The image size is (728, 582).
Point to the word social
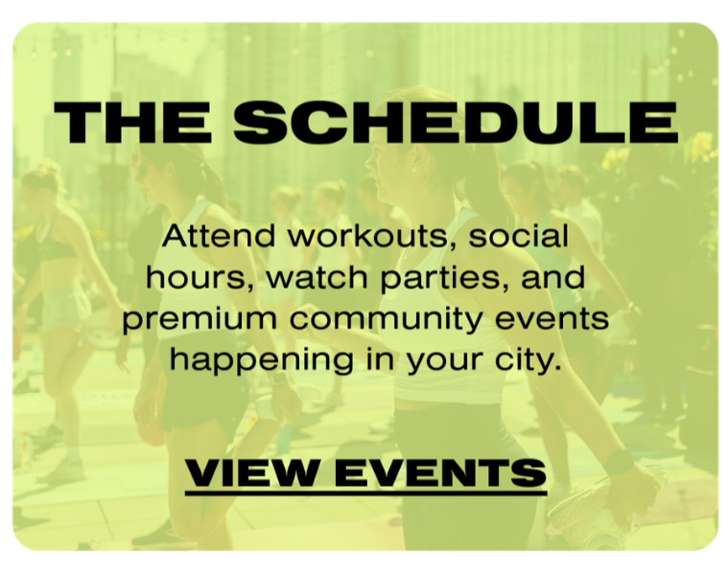pyautogui.click(x=522, y=235)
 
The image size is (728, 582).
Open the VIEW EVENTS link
pyautogui.click(x=365, y=472)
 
